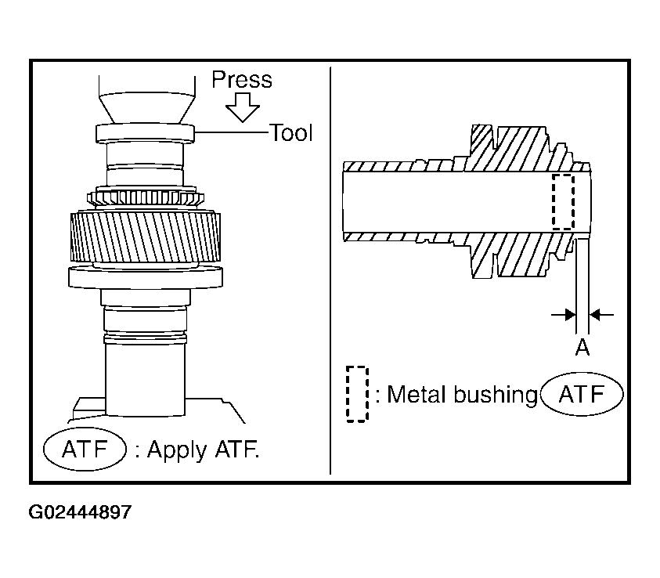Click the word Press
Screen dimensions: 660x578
click(x=242, y=80)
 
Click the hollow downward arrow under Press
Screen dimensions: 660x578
click(x=243, y=107)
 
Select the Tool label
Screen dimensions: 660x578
click(x=291, y=133)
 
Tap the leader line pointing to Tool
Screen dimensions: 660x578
click(x=232, y=132)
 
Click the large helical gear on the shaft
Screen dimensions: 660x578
click(x=145, y=237)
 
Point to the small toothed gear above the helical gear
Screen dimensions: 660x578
click(x=146, y=198)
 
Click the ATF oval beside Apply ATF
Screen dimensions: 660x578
click(x=85, y=449)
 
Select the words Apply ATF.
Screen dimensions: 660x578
click(x=203, y=450)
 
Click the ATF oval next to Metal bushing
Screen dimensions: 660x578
click(x=582, y=395)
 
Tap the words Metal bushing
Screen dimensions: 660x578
click(x=462, y=395)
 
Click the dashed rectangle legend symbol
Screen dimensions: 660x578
click(x=357, y=394)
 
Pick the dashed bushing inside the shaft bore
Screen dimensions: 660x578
click(x=563, y=202)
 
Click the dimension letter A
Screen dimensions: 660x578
click(x=582, y=348)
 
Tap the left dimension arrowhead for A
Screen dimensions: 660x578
click(x=570, y=314)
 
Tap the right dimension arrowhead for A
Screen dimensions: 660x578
click(x=595, y=314)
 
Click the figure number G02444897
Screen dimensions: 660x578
click(x=80, y=512)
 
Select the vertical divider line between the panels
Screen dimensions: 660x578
click(x=330, y=270)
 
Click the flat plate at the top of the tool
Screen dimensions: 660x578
click(x=145, y=133)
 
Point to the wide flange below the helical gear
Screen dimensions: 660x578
click(x=146, y=277)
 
